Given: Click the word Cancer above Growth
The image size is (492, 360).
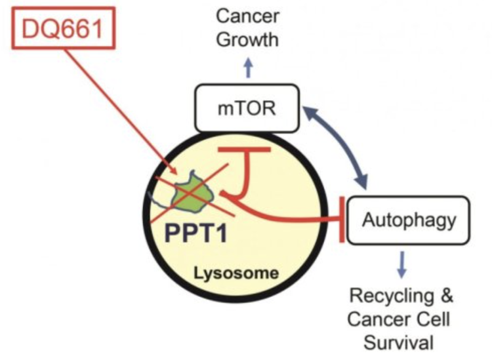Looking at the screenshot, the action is click(247, 16).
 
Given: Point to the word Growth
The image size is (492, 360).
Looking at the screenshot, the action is click(247, 40).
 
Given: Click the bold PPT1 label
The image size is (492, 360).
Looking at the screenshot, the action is click(196, 233).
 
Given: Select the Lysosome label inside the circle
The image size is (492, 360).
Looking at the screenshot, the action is click(236, 273).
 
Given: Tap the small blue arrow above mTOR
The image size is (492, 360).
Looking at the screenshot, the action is click(248, 67).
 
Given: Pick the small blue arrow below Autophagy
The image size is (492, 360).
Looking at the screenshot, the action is click(402, 264).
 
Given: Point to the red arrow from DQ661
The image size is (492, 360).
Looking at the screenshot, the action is click(121, 111).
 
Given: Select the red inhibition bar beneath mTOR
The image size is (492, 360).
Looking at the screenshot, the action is click(245, 150).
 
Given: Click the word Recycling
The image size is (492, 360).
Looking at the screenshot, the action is click(391, 296).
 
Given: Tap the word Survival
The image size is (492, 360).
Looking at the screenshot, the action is click(398, 342).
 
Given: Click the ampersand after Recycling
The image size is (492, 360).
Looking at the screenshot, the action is click(446, 295).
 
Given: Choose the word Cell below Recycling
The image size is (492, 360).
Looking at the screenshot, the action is click(434, 319).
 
